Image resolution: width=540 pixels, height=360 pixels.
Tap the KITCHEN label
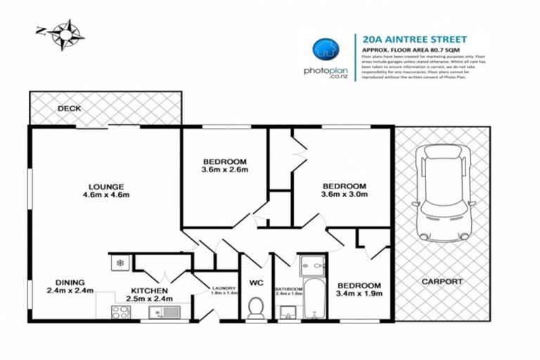click(148, 290)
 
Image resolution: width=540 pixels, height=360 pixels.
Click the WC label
click(255, 284)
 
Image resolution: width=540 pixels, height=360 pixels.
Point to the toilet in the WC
click(256, 307)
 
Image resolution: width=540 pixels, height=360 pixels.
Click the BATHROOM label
click(288, 290)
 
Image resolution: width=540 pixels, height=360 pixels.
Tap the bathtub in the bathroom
click(309, 295)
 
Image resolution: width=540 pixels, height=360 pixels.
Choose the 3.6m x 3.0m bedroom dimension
click(344, 195)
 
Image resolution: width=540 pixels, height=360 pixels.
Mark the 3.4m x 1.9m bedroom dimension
click(360, 294)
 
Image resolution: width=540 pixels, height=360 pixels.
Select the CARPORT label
click(442, 281)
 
